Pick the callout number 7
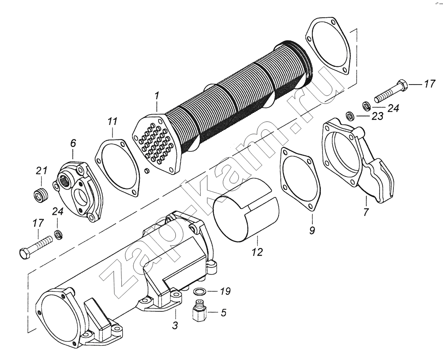pyautogui.click(x=366, y=212)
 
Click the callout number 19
pyautogui.click(x=225, y=291)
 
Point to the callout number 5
pyautogui.click(x=224, y=313)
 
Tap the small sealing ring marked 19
pyautogui.click(x=200, y=291)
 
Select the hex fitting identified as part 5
pyautogui.click(x=198, y=313)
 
